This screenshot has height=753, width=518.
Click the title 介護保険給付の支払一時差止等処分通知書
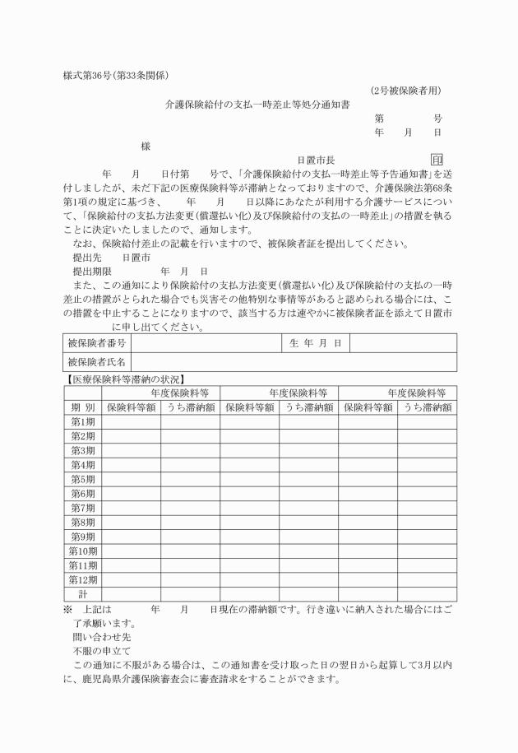[x=257, y=105]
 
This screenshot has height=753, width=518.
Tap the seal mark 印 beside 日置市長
[x=436, y=160]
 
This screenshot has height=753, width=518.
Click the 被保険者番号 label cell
[x=97, y=342]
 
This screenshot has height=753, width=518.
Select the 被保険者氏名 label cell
[x=97, y=362]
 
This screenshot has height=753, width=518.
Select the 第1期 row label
[x=82, y=421]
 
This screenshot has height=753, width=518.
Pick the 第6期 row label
[x=82, y=494]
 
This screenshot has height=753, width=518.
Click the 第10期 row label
[x=82, y=551]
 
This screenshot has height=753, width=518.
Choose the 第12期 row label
[x=82, y=579]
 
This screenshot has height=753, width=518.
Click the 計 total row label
[x=82, y=593]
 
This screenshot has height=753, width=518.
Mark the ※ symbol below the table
[x=68, y=609]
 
